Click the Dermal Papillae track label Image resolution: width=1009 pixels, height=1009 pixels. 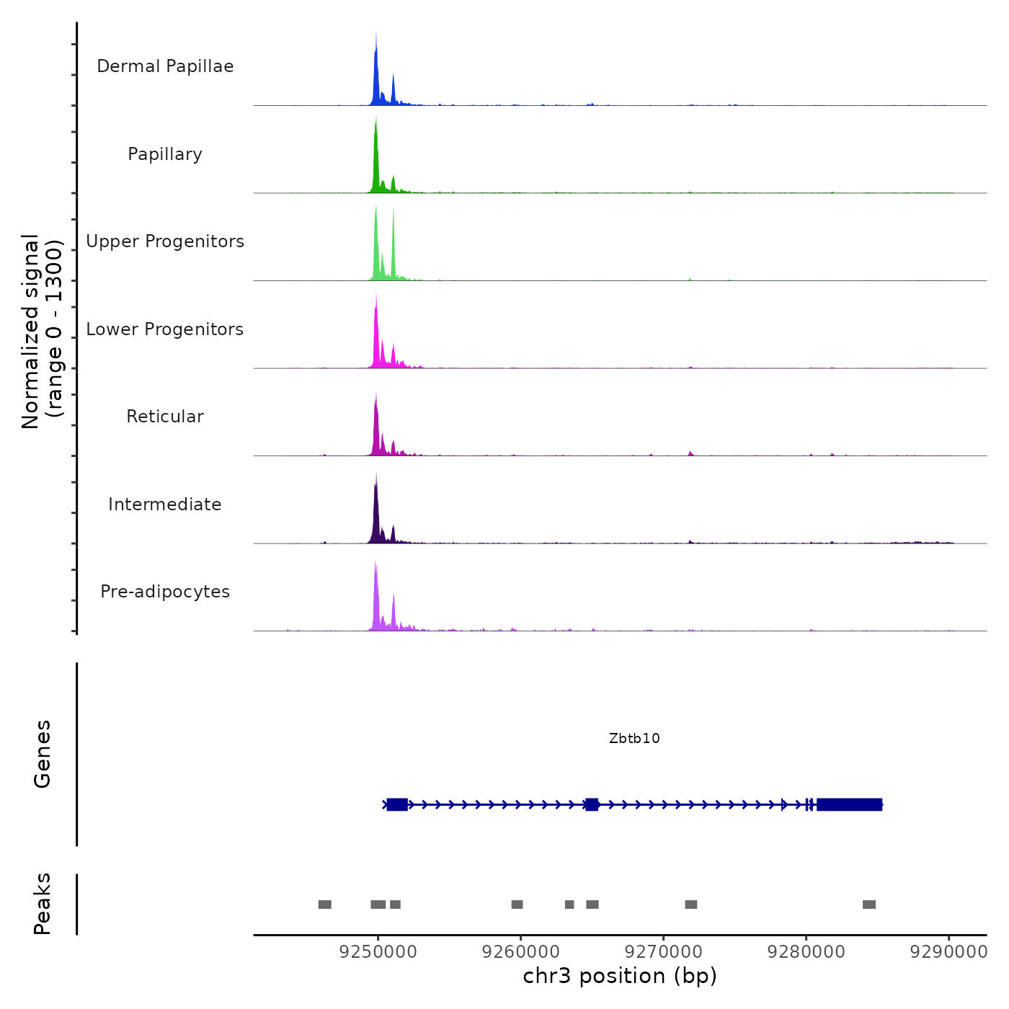(x=165, y=66)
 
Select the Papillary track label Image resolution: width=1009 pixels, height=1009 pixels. (x=165, y=154)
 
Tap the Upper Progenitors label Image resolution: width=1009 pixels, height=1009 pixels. (x=165, y=241)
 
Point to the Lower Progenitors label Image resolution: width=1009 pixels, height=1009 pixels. (x=165, y=329)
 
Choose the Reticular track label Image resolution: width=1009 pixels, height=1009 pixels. (x=165, y=417)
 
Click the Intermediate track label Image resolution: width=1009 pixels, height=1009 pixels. (x=165, y=504)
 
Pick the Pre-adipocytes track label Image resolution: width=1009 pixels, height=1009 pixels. (x=165, y=592)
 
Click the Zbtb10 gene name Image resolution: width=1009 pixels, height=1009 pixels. (x=634, y=738)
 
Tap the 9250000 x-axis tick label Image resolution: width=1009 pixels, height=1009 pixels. (x=378, y=952)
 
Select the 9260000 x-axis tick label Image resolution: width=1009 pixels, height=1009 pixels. (x=520, y=952)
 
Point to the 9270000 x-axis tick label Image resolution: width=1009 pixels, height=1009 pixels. (x=663, y=952)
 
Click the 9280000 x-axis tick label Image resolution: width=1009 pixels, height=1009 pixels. (x=806, y=952)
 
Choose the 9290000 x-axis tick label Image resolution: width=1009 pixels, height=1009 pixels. (x=948, y=952)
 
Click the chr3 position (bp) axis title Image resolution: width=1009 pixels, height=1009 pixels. (x=620, y=976)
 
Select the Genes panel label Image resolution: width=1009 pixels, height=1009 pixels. (x=43, y=754)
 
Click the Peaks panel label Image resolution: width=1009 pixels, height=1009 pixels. (x=43, y=904)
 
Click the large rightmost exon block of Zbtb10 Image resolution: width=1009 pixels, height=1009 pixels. (x=849, y=804)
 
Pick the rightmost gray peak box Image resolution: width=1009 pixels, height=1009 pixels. (x=869, y=904)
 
